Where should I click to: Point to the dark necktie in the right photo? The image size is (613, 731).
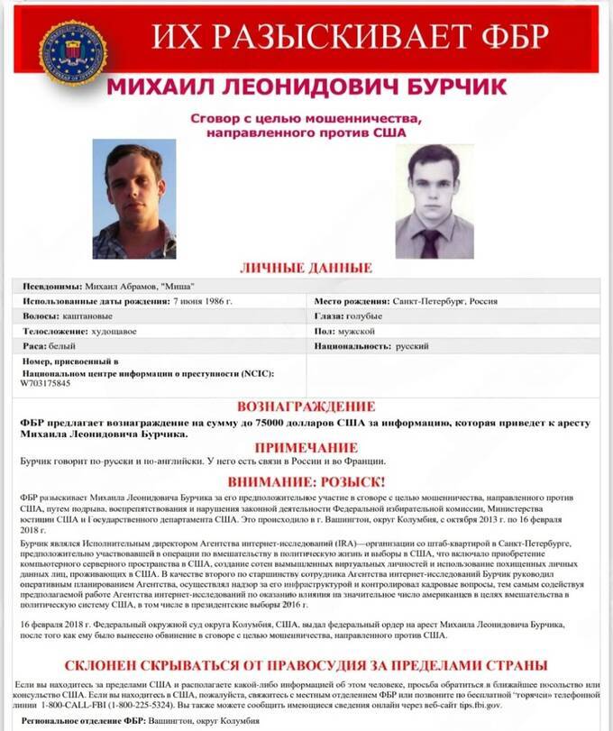[431, 241]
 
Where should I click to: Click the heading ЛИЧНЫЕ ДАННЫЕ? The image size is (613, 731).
[306, 268]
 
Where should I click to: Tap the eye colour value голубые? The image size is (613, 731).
[364, 316]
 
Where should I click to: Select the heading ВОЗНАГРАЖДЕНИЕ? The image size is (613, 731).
[306, 407]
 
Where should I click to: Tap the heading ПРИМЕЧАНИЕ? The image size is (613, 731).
[306, 448]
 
